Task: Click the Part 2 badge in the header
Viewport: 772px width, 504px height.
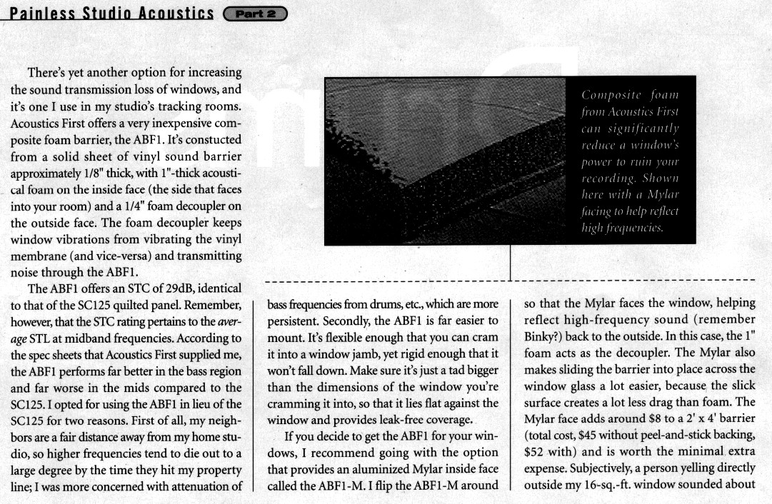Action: point(255,14)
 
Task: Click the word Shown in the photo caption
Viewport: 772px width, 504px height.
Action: point(659,178)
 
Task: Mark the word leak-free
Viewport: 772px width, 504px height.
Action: point(394,419)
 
